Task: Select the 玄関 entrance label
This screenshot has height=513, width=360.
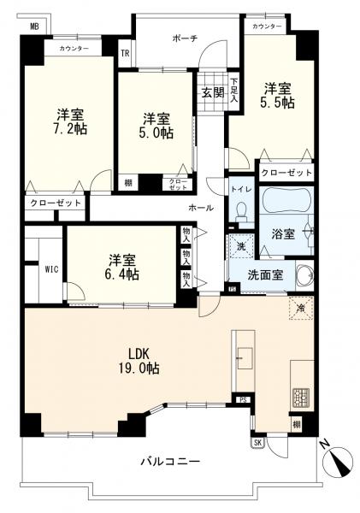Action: (212, 92)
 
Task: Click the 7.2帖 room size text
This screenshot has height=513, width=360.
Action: (69, 129)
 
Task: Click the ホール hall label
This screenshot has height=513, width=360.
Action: (201, 208)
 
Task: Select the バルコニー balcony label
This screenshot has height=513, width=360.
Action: (170, 462)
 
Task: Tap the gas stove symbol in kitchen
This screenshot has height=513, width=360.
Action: (302, 396)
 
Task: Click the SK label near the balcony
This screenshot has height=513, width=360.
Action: (257, 441)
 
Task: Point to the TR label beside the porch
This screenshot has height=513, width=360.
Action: (125, 52)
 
